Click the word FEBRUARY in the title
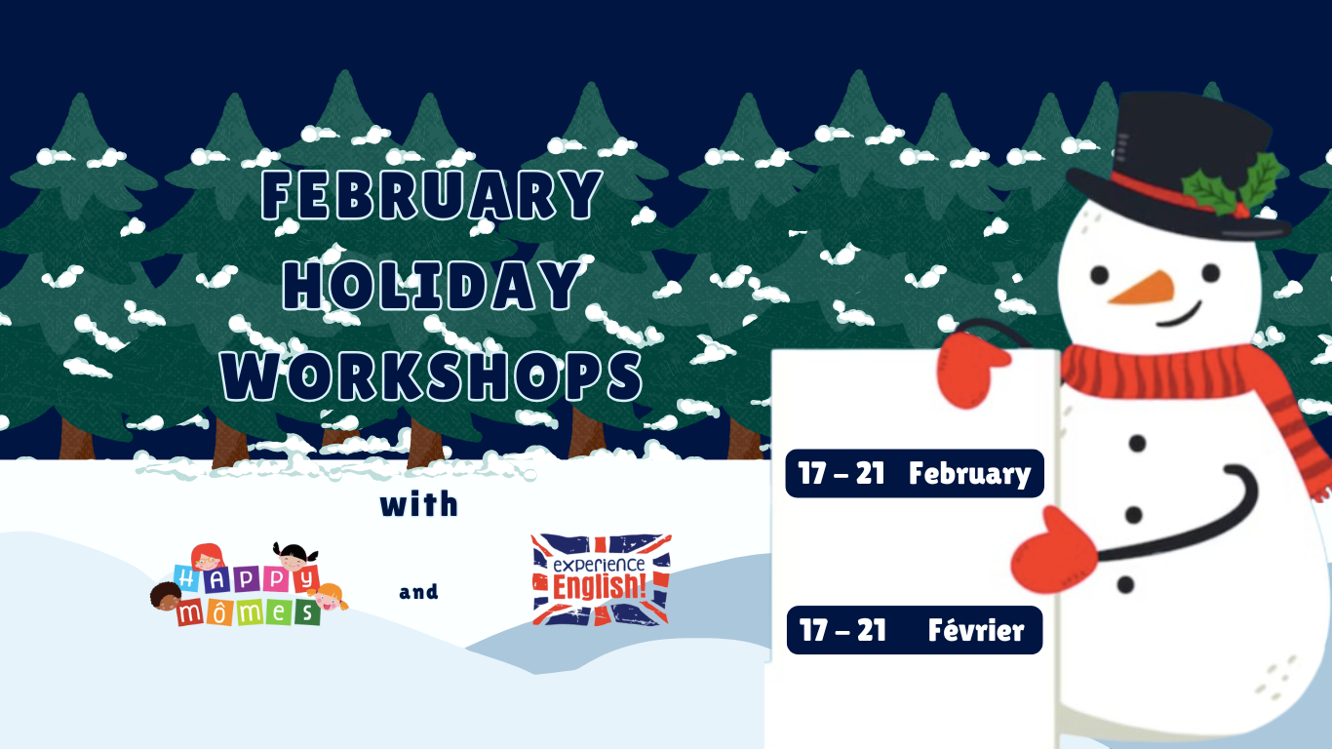[x=432, y=195]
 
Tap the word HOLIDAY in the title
[x=432, y=285]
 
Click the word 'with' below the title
[x=419, y=504]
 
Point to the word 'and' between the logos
[x=418, y=592]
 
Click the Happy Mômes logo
[x=250, y=585]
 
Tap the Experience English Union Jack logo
[x=602, y=580]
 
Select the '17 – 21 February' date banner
[x=915, y=474]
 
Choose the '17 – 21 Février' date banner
[x=915, y=630]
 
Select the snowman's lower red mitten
[x=1054, y=552]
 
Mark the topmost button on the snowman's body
[x=1137, y=443]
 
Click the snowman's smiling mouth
[x=1180, y=315]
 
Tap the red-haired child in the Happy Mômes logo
[x=207, y=557]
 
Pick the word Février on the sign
[x=976, y=631]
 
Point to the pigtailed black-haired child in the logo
[x=294, y=556]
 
